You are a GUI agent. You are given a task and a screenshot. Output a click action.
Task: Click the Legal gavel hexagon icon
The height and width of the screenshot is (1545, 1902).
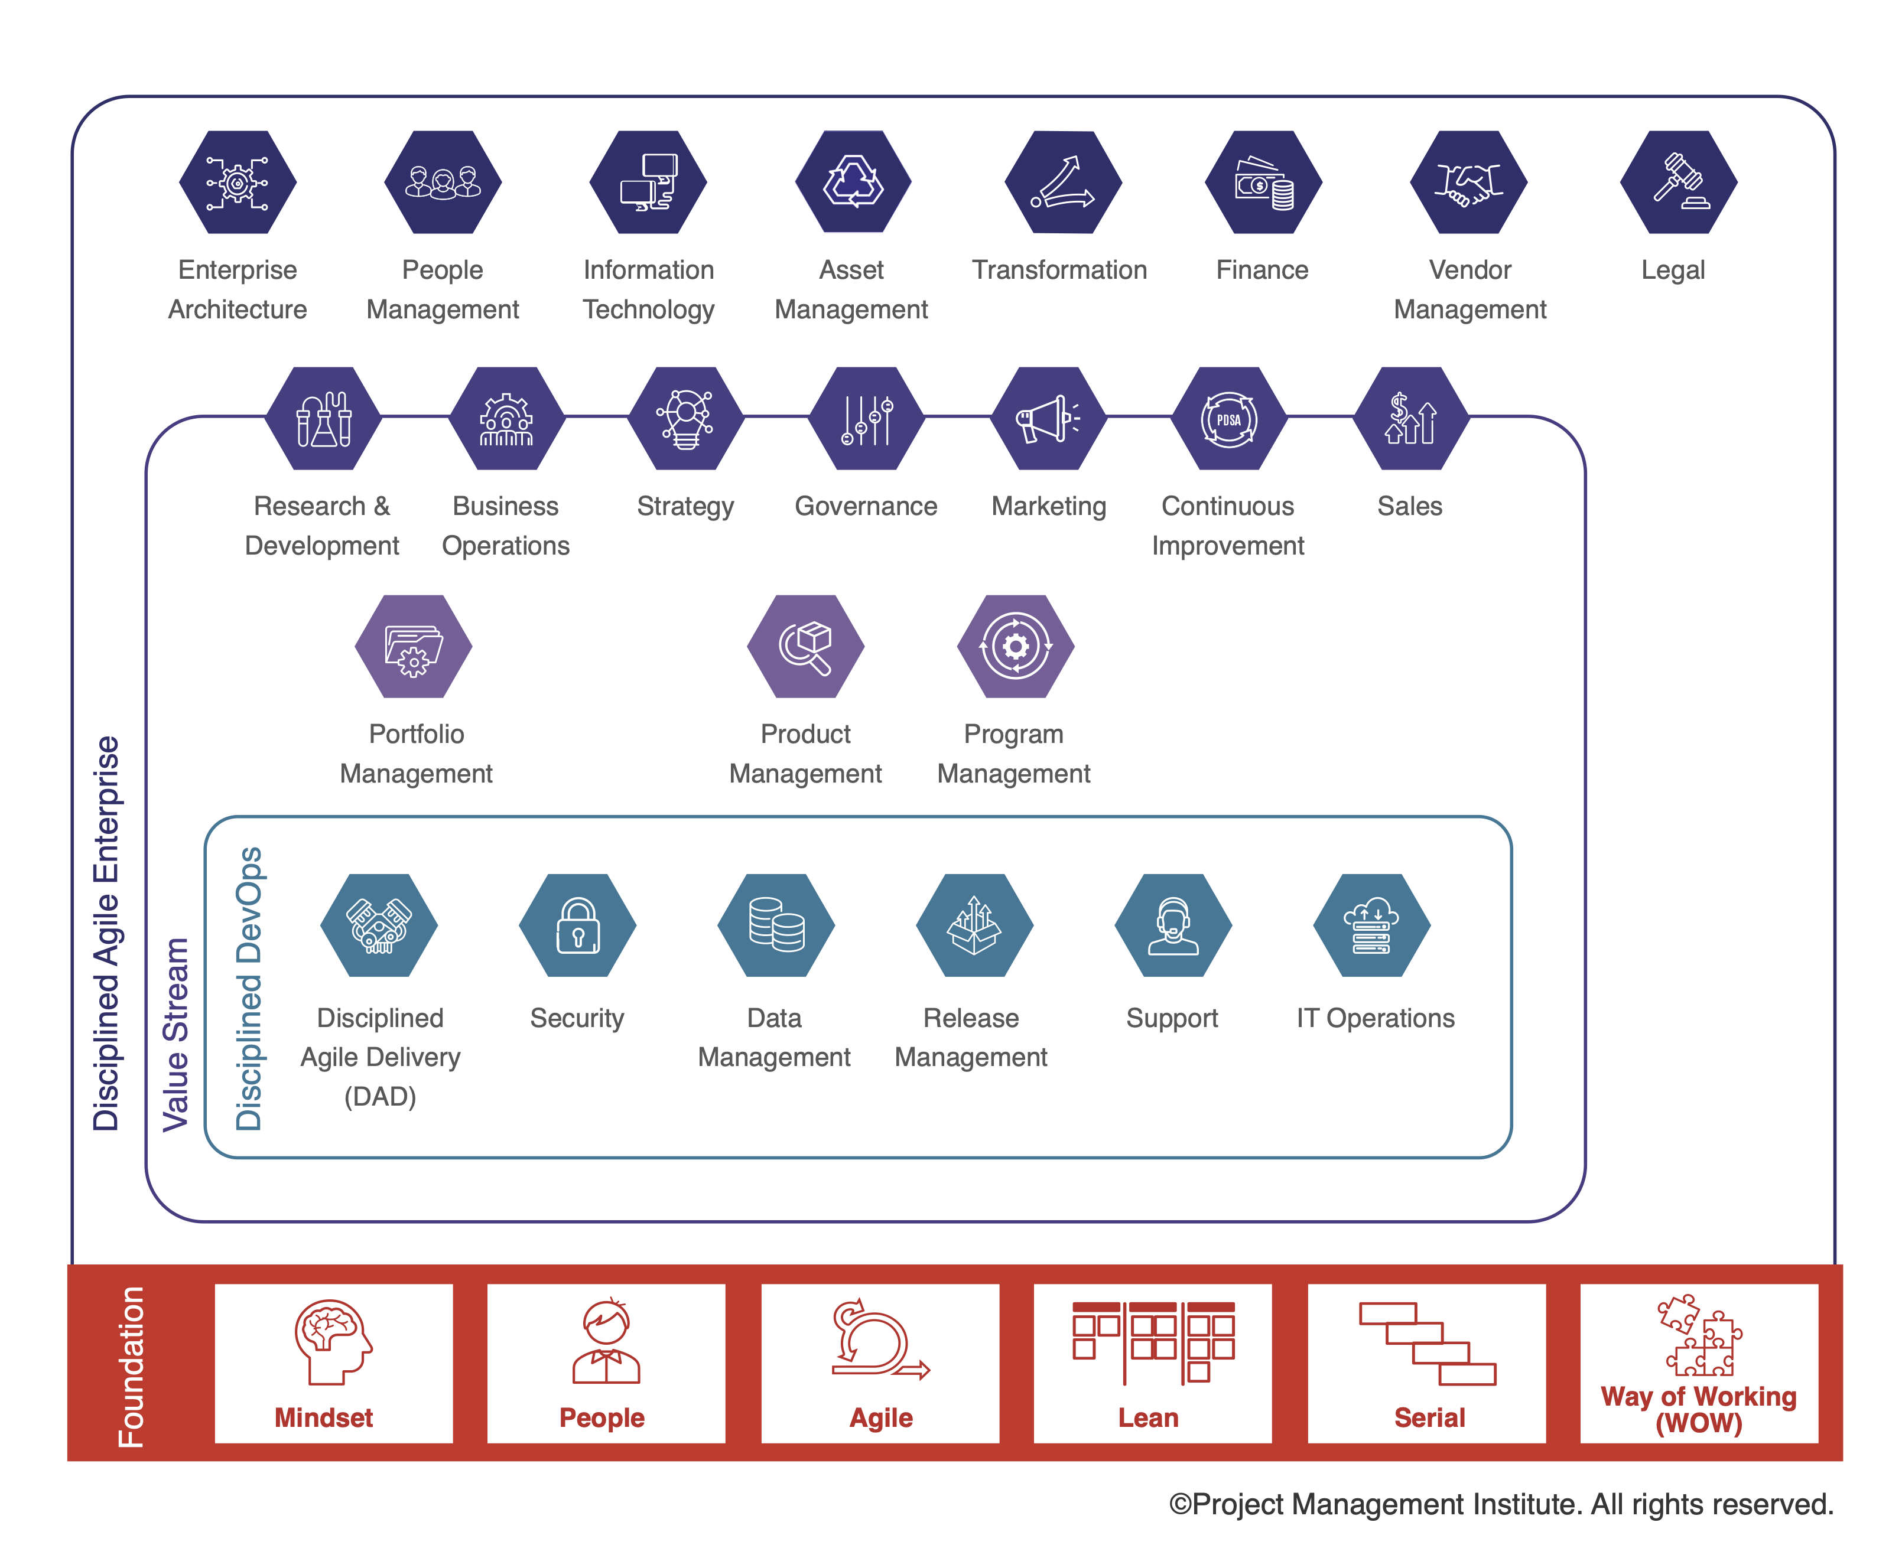coord(1677,182)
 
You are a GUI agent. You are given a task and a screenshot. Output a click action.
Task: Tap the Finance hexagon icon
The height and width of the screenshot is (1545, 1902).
coord(1263,182)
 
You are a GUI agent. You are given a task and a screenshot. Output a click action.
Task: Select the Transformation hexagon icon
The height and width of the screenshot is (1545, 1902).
coord(1062,182)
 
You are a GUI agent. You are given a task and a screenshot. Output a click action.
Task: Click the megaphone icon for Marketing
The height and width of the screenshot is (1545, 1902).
coord(1048,418)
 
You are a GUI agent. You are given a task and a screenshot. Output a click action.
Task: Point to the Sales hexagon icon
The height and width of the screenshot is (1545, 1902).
coord(1410,418)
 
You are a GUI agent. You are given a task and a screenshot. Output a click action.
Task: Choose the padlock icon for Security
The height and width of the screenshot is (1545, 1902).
coord(577,925)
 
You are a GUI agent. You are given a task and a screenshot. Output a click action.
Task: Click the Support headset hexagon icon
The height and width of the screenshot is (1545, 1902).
coord(1173,925)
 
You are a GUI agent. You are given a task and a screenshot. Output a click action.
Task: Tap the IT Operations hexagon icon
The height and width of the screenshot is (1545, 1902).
coord(1371,925)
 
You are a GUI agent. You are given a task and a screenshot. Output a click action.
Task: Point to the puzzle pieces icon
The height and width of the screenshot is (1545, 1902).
coord(1698,1335)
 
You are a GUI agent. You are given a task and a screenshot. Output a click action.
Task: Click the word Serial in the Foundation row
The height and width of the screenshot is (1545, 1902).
coord(1428,1418)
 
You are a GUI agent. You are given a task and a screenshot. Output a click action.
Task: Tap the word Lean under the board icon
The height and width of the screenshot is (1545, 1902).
coord(1148,1418)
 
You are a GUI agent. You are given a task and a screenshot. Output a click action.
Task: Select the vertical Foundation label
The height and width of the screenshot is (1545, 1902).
coord(131,1366)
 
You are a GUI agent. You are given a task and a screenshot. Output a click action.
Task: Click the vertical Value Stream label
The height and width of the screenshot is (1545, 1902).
coord(175,1034)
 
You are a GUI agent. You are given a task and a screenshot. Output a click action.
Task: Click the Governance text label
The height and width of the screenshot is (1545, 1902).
coord(866,506)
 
